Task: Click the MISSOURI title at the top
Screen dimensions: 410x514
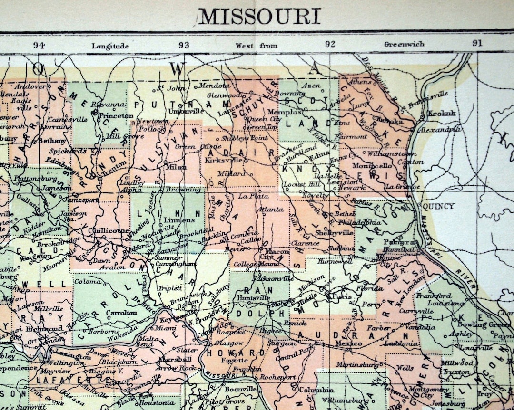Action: [x=259, y=17]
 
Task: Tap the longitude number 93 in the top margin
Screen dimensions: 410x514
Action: [x=184, y=45]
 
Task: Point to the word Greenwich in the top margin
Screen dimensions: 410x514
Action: [x=404, y=44]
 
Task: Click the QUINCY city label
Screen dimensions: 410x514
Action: [x=438, y=206]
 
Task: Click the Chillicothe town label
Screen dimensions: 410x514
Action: [x=108, y=231]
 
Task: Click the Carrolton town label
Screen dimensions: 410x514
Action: [x=121, y=313]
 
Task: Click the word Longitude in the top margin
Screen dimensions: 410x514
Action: [x=110, y=46]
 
